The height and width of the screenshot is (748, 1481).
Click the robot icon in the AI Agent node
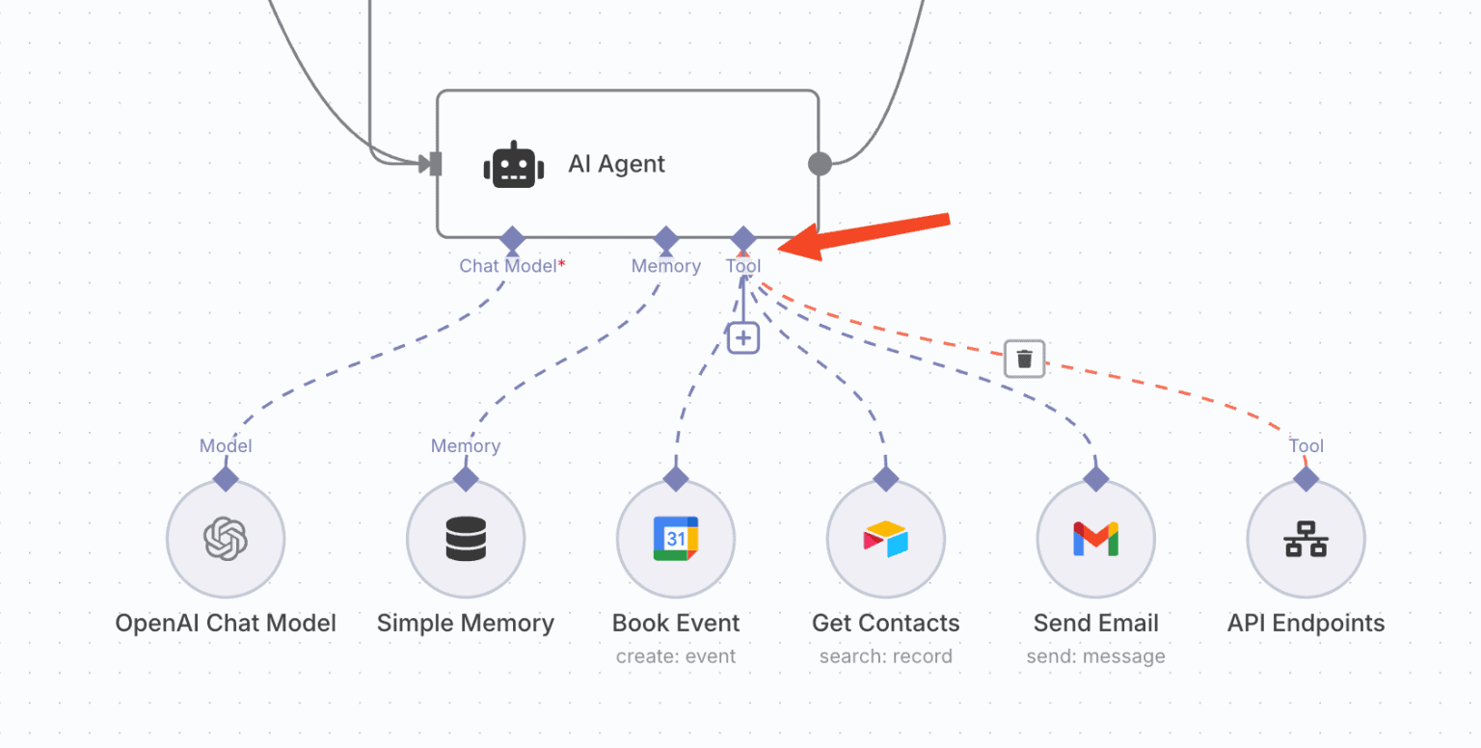[x=513, y=165]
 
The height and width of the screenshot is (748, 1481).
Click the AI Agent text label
[x=616, y=164]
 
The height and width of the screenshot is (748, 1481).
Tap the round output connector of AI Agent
[x=820, y=164]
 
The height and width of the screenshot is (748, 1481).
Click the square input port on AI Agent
[x=435, y=164]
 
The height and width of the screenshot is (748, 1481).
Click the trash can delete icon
[x=1024, y=359]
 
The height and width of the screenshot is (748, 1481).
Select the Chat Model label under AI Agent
[x=509, y=266]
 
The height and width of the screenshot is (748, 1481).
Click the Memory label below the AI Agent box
[x=665, y=266]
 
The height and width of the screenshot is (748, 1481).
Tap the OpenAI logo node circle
[x=226, y=539]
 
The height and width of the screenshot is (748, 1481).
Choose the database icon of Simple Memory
[x=466, y=539]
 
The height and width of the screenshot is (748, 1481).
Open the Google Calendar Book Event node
[x=676, y=539]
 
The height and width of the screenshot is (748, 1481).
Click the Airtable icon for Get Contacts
[x=886, y=539]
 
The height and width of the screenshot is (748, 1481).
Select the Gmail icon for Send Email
[x=1096, y=539]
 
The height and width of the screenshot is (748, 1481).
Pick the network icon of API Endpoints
[x=1306, y=539]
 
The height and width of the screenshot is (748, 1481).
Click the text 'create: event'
[x=676, y=656]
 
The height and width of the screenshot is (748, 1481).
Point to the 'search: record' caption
[x=885, y=656]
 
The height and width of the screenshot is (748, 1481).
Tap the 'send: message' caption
[x=1095, y=656]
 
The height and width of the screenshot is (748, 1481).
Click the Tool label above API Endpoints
[x=1306, y=445]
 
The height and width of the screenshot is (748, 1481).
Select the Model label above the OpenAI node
[x=226, y=445]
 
